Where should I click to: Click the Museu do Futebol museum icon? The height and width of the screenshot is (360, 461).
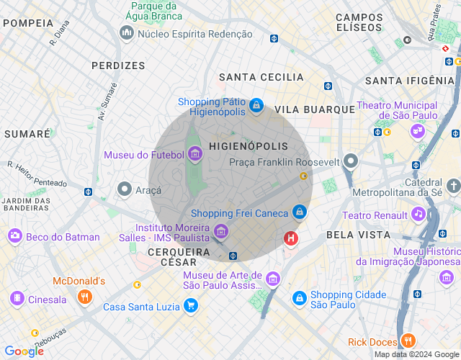tap(194, 153)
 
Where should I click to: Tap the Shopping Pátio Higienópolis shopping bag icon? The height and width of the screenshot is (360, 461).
tap(255, 107)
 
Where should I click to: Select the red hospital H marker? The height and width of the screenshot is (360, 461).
tap(291, 238)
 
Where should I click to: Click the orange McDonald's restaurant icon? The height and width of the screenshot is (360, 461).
tap(84, 297)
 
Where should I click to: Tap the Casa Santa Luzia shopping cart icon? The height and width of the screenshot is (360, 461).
tap(190, 306)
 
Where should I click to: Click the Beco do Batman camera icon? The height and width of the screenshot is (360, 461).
tap(14, 236)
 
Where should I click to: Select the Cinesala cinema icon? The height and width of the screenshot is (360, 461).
tap(16, 299)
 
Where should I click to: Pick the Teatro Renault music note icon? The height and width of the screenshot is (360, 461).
tap(418, 214)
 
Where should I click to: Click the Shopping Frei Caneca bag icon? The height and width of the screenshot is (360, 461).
tap(299, 212)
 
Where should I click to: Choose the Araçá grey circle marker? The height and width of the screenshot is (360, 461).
tap(125, 189)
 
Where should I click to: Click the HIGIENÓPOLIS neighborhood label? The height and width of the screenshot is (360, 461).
tap(248, 146)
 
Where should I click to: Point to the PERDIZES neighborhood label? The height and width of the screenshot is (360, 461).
tap(118, 66)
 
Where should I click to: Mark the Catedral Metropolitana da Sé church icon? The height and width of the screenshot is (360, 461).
tap(452, 186)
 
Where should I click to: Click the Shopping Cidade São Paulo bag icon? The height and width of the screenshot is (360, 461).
tap(298, 297)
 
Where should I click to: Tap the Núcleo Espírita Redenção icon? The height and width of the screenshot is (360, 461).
tap(127, 33)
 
